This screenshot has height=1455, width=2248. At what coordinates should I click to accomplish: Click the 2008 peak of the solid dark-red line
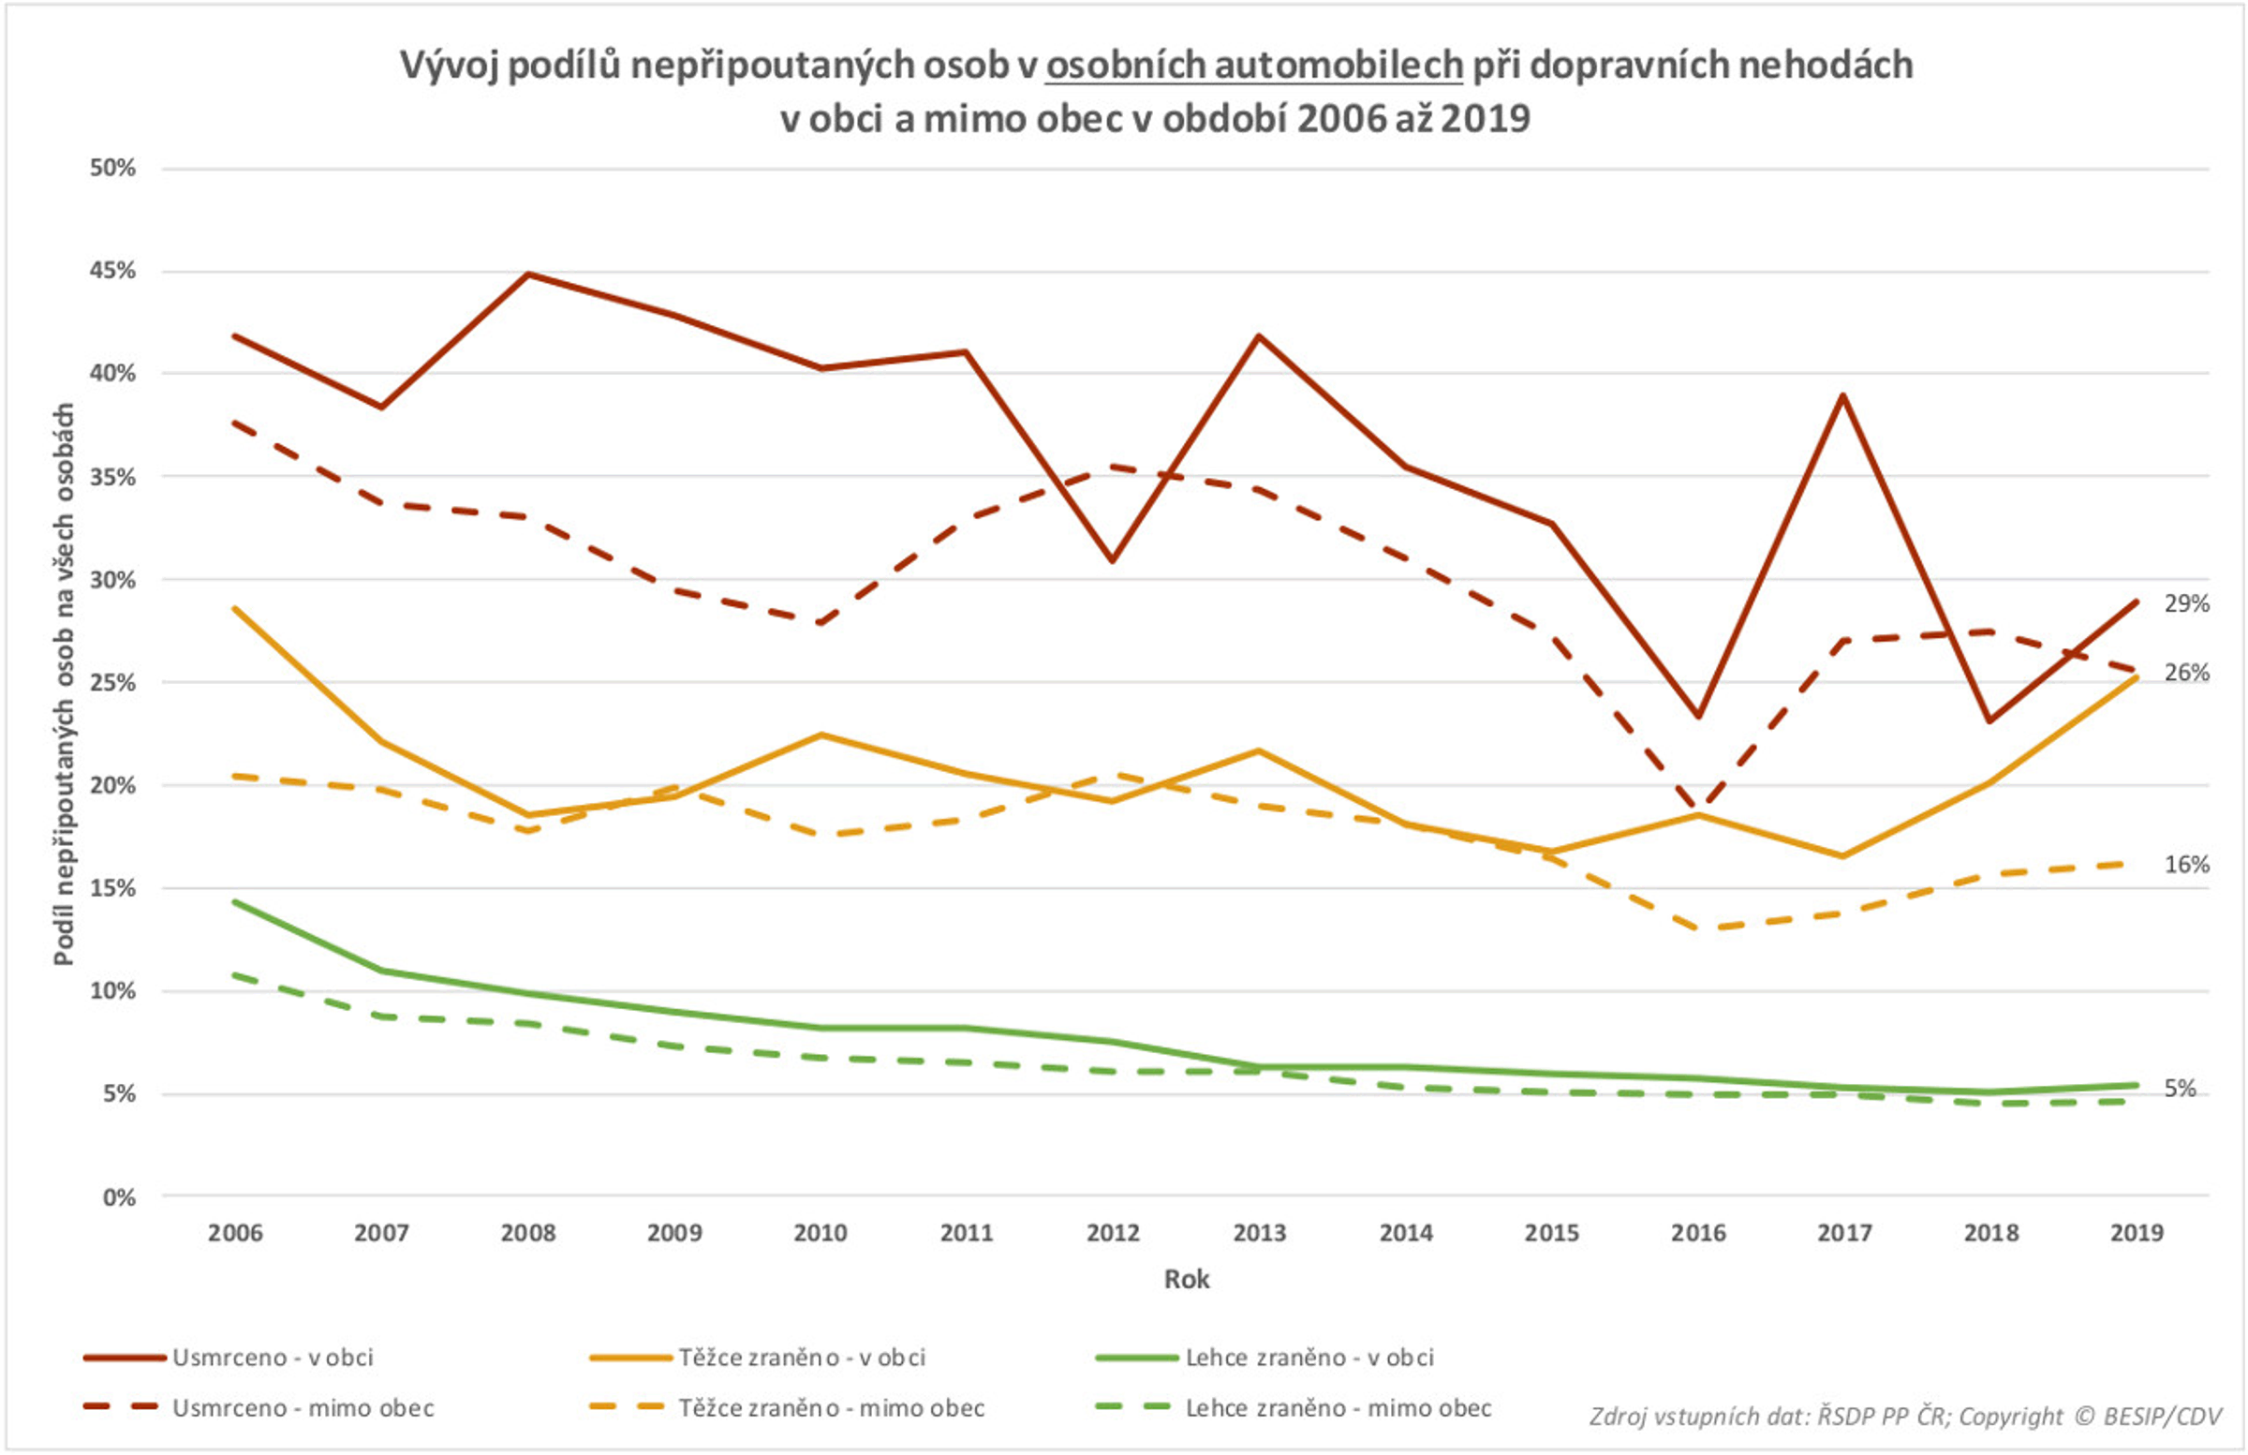pyautogui.click(x=529, y=274)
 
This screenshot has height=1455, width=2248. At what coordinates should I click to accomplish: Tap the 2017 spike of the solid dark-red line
pyautogui.click(x=1842, y=395)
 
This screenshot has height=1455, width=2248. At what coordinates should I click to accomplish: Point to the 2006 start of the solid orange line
pyautogui.click(x=235, y=608)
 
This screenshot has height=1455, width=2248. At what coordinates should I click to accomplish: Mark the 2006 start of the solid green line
pyautogui.click(x=235, y=901)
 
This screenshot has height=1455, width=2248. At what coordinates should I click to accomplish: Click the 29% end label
pyautogui.click(x=2185, y=602)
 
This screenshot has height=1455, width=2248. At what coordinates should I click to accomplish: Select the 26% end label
pyautogui.click(x=2185, y=673)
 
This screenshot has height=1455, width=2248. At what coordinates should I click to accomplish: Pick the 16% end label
pyautogui.click(x=2185, y=865)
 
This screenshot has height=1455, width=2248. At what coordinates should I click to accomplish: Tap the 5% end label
pyautogui.click(x=2180, y=1089)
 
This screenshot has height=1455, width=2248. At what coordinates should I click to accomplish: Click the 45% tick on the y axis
pyautogui.click(x=112, y=271)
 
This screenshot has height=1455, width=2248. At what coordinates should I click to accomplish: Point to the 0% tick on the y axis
pyautogui.click(x=119, y=1198)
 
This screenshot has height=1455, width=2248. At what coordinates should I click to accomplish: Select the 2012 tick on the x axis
pyautogui.click(x=1113, y=1233)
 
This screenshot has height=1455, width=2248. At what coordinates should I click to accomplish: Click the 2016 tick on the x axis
pyautogui.click(x=1697, y=1233)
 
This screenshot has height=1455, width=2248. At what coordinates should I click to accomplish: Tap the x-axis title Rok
pyautogui.click(x=1187, y=1279)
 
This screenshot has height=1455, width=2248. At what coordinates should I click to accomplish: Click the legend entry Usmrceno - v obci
pyautogui.click(x=272, y=1358)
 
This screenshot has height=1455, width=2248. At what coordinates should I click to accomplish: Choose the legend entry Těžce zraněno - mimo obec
pyautogui.click(x=831, y=1409)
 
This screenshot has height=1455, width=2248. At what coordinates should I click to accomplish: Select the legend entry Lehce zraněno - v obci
pyautogui.click(x=1309, y=1358)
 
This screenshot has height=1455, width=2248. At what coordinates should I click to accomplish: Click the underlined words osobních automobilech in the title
pyautogui.click(x=1253, y=66)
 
